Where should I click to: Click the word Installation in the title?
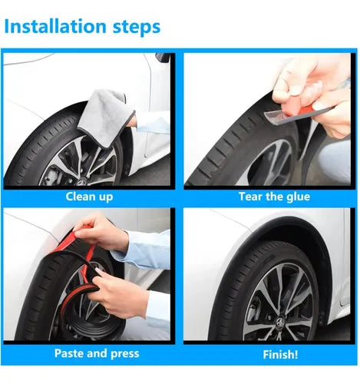point(55,27)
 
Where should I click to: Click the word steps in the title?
point(137,28)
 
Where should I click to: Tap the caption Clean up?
point(89,197)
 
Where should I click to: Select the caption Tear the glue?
point(274,197)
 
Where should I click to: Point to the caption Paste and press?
point(97,353)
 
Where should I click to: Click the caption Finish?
point(280,355)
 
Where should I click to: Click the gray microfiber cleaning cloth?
point(106,117)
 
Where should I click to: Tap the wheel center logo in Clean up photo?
point(82,182)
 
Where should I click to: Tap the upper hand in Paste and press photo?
point(102,233)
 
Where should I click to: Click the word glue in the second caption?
point(298,197)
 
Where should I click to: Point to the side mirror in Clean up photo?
point(163,58)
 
